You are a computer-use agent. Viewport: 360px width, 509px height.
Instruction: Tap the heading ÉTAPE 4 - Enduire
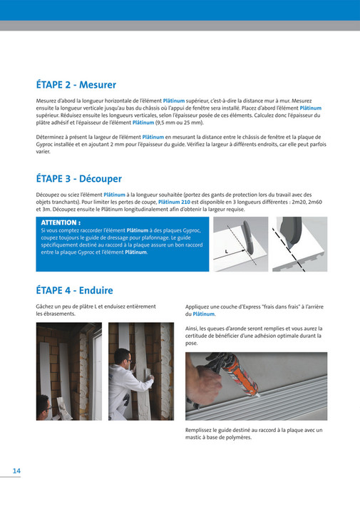(75, 290)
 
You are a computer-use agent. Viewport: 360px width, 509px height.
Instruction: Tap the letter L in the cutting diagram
(225, 252)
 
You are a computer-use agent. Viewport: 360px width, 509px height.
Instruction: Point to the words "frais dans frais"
(274, 307)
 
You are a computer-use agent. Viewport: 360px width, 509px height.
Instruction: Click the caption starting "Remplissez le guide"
(253, 433)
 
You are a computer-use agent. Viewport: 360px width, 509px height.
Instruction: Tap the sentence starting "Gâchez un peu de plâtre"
(96, 310)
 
